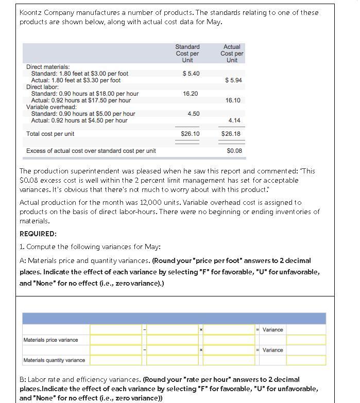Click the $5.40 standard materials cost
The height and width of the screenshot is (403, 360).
click(191, 74)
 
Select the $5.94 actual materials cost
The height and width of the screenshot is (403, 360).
click(233, 80)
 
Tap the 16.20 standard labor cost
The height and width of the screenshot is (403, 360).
click(191, 94)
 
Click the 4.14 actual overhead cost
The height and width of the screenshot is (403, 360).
click(234, 120)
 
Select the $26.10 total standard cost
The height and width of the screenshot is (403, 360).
click(190, 134)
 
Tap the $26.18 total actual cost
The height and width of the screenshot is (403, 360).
click(231, 134)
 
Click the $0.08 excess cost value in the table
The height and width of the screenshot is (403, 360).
click(234, 151)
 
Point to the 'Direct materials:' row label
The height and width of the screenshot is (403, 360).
click(48, 67)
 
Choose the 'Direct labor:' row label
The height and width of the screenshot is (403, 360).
click(43, 87)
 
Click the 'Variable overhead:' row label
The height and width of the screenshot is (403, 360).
click(51, 107)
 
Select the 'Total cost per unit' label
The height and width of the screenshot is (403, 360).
click(50, 134)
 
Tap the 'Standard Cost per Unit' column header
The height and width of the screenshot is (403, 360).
click(187, 54)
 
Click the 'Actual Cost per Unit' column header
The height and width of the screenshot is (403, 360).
click(232, 54)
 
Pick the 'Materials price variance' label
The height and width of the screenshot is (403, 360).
click(51, 340)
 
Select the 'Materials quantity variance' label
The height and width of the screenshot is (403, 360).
click(55, 360)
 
